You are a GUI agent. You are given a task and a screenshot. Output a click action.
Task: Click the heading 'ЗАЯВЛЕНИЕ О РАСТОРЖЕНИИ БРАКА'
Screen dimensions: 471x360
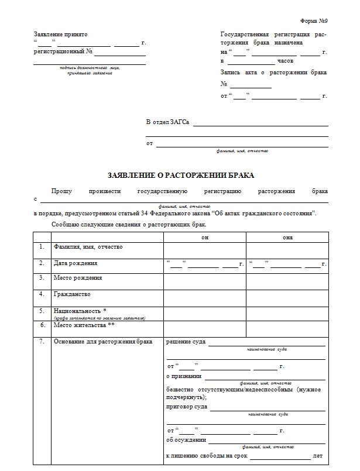point(181,175)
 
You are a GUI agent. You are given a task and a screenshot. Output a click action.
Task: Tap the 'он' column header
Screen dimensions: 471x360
point(205,237)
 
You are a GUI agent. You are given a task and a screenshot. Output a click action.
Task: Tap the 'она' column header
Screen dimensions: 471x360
point(287,237)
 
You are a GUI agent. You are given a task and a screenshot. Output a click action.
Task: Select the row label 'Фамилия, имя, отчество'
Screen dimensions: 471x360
point(88,247)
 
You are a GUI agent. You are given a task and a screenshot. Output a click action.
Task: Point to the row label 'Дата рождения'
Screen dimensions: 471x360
point(76,263)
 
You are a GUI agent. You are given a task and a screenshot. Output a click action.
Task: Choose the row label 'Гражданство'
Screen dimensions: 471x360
point(72,294)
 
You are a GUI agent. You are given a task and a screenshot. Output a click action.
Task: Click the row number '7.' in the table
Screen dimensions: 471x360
point(42,341)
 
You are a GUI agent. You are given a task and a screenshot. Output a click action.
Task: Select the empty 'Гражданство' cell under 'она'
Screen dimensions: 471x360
point(287,298)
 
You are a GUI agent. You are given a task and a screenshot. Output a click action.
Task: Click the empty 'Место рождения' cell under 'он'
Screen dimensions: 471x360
point(205,282)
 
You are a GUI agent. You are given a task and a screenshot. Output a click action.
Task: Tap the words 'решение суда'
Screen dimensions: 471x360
point(186,341)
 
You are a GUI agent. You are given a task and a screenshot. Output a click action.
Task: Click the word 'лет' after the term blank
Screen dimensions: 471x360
point(318,455)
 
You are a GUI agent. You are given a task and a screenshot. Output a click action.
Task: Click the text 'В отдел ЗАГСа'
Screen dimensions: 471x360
point(167,122)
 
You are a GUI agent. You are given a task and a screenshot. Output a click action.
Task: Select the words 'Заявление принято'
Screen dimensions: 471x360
point(60,35)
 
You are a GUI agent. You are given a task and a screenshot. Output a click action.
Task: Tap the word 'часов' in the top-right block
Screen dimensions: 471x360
point(286,61)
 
